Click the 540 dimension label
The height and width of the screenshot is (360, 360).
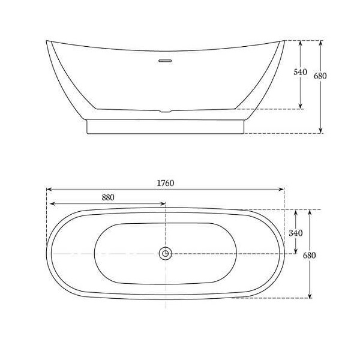[301, 72]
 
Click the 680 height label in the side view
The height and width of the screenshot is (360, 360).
[320, 76]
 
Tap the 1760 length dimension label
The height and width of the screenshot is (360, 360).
[166, 183]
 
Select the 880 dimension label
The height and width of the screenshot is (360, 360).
[108, 197]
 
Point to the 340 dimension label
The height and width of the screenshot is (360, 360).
[296, 233]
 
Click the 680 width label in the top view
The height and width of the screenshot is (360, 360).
[310, 255]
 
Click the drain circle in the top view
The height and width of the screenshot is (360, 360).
[166, 253]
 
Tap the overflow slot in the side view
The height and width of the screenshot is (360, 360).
[165, 61]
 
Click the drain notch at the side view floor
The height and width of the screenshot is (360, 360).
[166, 112]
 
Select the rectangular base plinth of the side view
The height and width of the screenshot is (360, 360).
[165, 127]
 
